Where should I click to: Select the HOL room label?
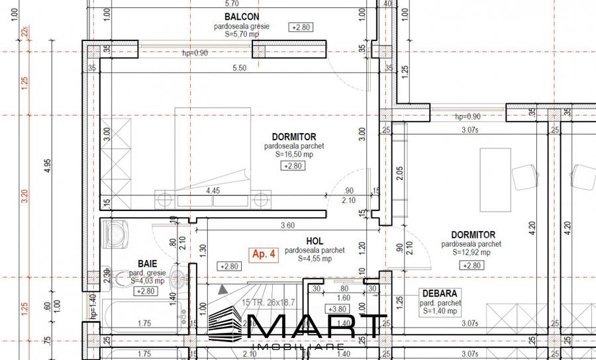pos(315,242)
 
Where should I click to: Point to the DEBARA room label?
pos(440,293)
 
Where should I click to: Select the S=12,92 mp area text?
pos(472,252)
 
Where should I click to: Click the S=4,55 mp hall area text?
pos(315,259)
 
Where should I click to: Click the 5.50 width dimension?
pos(239,67)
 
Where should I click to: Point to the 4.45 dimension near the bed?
pos(213,191)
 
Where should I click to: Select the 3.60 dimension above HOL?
pos(287,225)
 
